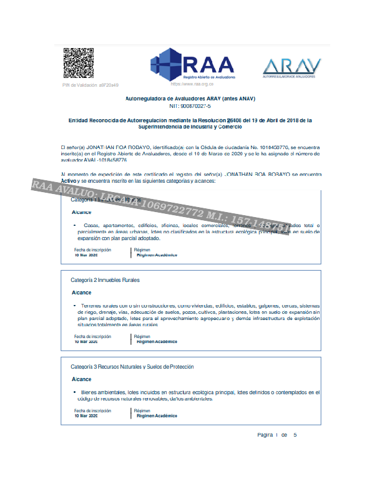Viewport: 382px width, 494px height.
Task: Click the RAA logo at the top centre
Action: (x=192, y=66)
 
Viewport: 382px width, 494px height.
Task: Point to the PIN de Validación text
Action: (x=91, y=85)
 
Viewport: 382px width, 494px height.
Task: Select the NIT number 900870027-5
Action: (x=190, y=107)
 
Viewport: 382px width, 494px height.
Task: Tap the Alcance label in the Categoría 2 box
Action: (x=81, y=293)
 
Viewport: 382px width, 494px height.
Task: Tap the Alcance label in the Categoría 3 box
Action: (x=81, y=379)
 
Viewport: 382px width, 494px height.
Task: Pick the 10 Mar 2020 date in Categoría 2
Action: (x=86, y=342)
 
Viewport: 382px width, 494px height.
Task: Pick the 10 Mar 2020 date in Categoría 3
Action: (x=86, y=415)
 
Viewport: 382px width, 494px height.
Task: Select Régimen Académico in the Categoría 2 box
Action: (x=157, y=342)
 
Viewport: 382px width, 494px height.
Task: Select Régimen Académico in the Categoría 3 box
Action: (x=157, y=415)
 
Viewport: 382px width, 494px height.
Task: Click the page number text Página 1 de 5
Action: (x=277, y=435)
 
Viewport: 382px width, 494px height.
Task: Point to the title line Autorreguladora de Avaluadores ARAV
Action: (x=190, y=99)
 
